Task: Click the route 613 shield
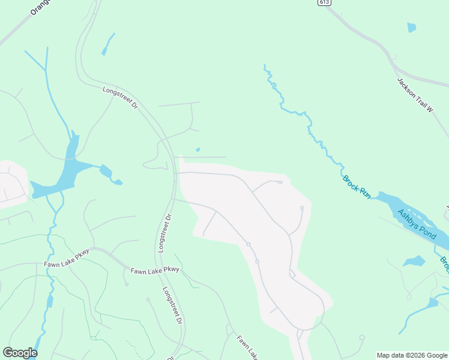[324, 3]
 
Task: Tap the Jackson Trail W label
[415, 95]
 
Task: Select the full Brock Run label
[357, 187]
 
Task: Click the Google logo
[20, 352]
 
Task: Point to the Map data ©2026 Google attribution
[412, 355]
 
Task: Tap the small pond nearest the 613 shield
[411, 27]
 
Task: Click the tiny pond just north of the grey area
[198, 149]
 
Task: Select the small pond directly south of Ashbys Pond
[414, 261]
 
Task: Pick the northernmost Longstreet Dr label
[120, 98]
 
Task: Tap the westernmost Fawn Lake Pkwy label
[66, 259]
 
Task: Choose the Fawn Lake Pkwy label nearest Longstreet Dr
[155, 271]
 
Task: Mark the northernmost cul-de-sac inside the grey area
[280, 182]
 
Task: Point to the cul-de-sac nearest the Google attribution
[361, 337]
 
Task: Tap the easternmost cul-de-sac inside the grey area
[301, 208]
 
